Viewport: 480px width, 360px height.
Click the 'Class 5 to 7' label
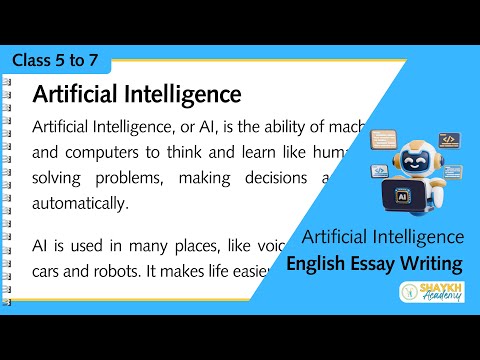[x=56, y=61]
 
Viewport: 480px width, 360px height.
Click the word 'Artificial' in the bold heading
[x=76, y=95]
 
